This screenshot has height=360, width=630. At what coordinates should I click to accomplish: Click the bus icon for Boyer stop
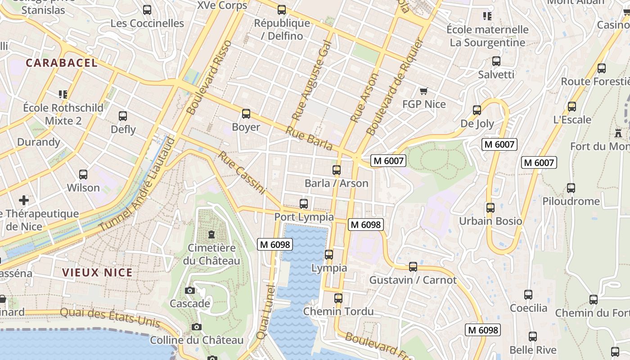(246, 114)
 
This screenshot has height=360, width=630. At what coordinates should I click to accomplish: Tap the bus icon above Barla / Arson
(336, 170)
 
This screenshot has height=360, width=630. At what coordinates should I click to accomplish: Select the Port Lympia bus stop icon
(304, 204)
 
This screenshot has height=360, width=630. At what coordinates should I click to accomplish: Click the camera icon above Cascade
(190, 290)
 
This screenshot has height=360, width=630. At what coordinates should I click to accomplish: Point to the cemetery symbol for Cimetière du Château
(211, 234)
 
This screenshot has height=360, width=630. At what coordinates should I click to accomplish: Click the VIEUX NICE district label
(98, 272)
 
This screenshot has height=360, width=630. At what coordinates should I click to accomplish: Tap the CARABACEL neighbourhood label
(62, 63)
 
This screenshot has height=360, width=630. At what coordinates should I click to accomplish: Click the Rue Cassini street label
(242, 173)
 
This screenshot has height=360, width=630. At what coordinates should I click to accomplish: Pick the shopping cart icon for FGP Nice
(423, 91)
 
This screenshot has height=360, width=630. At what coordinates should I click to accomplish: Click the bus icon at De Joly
(477, 110)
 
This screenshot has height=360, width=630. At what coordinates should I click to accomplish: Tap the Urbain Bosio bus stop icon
(490, 208)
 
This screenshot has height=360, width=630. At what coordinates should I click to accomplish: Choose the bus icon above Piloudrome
(571, 188)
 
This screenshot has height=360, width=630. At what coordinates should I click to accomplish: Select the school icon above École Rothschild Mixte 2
(63, 94)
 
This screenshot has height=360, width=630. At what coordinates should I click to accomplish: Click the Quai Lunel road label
(265, 311)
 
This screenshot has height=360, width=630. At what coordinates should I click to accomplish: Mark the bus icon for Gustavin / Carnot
(413, 267)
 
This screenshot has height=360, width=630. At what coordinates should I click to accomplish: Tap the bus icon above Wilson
(83, 175)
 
